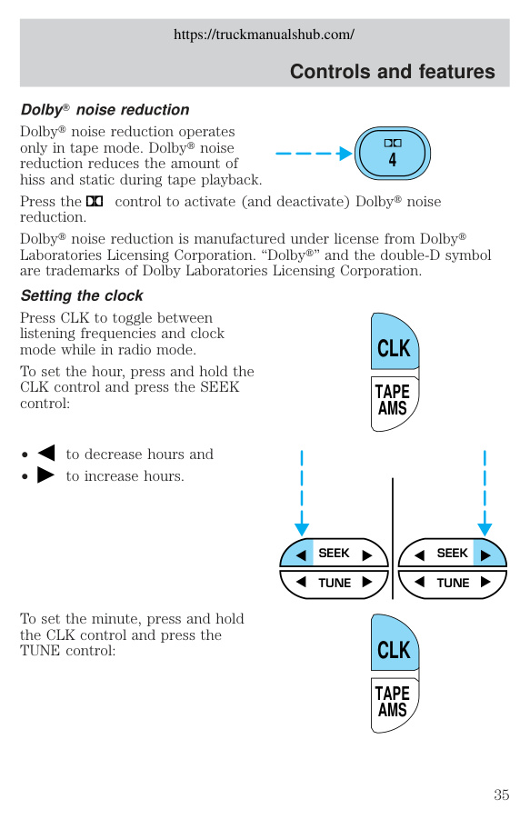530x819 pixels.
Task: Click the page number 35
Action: point(501,794)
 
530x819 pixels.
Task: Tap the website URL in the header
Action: point(264,35)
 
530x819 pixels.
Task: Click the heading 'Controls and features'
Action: point(392,71)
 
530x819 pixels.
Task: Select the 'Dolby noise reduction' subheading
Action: point(105,110)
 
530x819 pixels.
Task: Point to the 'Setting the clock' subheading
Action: point(82,295)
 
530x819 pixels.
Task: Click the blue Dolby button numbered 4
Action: point(393,154)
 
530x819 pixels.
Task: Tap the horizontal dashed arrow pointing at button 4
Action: point(314,154)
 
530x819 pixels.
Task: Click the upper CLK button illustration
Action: point(395,342)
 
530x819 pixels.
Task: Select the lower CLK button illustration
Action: point(395,644)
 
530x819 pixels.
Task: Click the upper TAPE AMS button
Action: point(394,403)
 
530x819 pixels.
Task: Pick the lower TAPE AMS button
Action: point(394,704)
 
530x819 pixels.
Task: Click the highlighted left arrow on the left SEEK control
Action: point(301,554)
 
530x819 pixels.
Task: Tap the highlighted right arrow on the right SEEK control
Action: point(485,554)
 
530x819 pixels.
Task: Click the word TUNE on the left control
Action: point(335,583)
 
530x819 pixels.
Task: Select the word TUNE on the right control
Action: point(454,583)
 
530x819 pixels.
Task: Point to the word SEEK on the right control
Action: point(453,554)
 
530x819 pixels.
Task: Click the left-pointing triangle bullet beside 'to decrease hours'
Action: point(46,453)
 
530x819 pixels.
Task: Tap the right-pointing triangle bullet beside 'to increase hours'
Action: point(46,474)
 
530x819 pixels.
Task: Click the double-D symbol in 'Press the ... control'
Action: point(95,201)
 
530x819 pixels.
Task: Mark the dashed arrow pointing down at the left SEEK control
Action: point(302,493)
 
